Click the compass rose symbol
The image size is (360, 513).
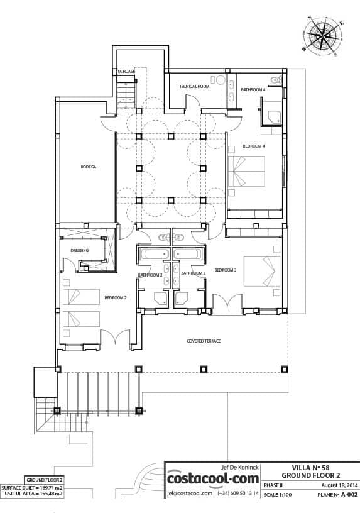[322, 36]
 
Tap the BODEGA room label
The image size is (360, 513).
[89, 167]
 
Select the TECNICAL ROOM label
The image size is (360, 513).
[194, 86]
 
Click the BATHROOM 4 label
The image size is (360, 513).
[253, 89]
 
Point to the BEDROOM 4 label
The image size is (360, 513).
[254, 146]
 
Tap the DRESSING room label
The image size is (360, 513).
[80, 251]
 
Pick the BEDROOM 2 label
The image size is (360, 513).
[116, 298]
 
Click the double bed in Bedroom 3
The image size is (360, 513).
[262, 271]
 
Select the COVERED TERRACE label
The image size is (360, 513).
[204, 341]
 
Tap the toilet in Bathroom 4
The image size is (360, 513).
[276, 79]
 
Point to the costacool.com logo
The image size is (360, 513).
[213, 479]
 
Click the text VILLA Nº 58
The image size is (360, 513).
[310, 468]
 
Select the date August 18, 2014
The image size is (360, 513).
[339, 485]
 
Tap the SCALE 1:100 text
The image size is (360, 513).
[277, 495]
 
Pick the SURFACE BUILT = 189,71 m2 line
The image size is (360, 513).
[33, 488]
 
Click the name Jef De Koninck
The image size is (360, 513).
[240, 468]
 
